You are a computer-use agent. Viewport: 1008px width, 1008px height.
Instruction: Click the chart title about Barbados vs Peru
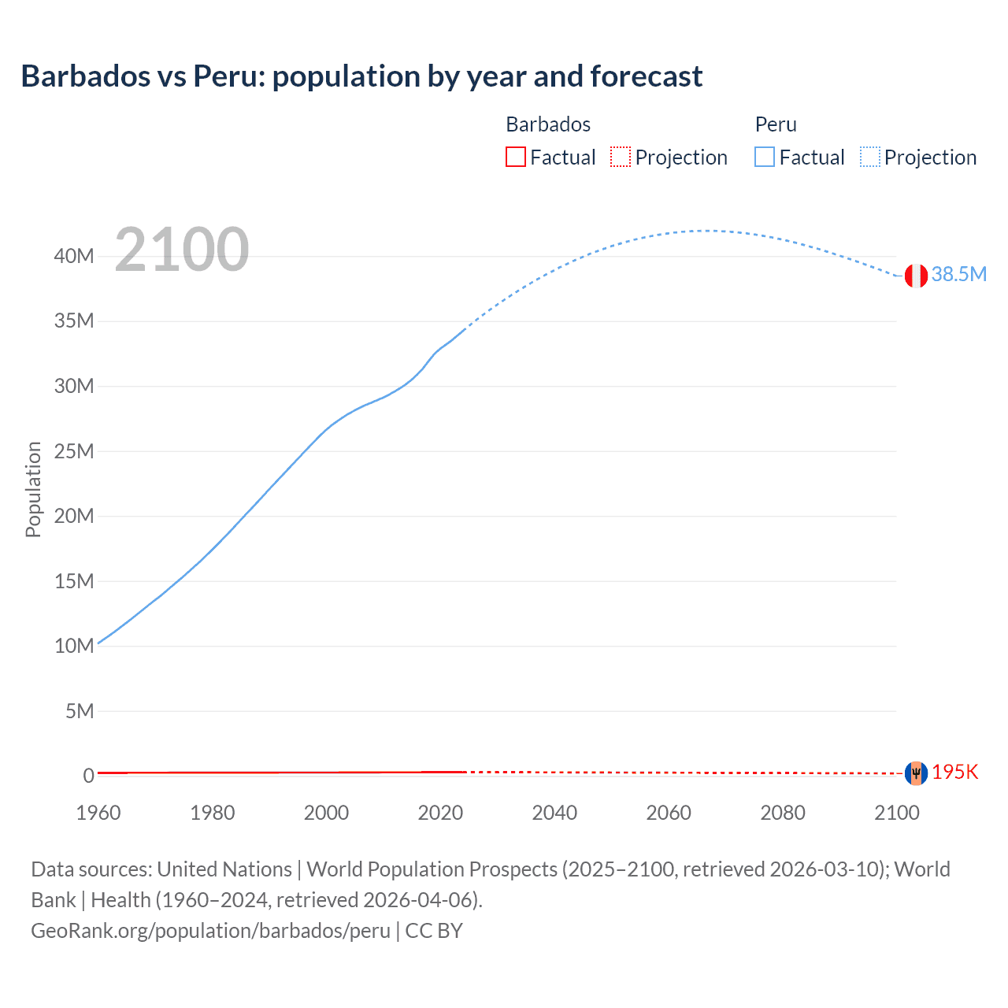coord(361,76)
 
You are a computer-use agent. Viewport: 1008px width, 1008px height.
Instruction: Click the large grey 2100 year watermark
coord(182,250)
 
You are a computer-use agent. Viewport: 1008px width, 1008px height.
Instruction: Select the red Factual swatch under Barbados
coord(515,157)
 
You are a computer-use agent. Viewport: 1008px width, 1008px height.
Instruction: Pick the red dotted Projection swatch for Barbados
coord(621,157)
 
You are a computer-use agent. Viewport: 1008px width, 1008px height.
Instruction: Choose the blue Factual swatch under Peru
coord(765,157)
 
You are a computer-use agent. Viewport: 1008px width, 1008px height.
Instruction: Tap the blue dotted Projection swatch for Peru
coord(870,157)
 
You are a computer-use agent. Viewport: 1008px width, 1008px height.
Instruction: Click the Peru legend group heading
coord(776,124)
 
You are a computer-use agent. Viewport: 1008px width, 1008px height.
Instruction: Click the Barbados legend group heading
coord(548,124)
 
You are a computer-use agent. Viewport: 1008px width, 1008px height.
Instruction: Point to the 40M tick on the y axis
coord(75,256)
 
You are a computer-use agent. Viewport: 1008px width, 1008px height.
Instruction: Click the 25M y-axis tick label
coord(75,451)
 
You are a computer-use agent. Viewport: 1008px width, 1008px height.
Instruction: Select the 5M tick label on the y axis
coord(80,711)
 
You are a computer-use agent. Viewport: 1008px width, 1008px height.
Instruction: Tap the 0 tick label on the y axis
coord(89,776)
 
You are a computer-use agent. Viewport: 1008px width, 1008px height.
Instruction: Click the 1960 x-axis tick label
coord(98,813)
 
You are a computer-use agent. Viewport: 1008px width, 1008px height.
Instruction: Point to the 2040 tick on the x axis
coord(554,813)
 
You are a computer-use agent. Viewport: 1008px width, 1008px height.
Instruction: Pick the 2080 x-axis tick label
coord(783,813)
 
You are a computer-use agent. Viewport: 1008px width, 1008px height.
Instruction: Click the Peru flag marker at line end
coord(916,276)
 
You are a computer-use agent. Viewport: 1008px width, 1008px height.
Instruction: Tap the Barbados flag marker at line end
coord(916,773)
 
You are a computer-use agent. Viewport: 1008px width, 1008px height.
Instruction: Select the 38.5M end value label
coord(958,274)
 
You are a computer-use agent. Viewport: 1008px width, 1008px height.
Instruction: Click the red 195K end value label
coord(955,772)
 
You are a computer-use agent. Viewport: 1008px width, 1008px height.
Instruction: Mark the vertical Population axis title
coord(33,489)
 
